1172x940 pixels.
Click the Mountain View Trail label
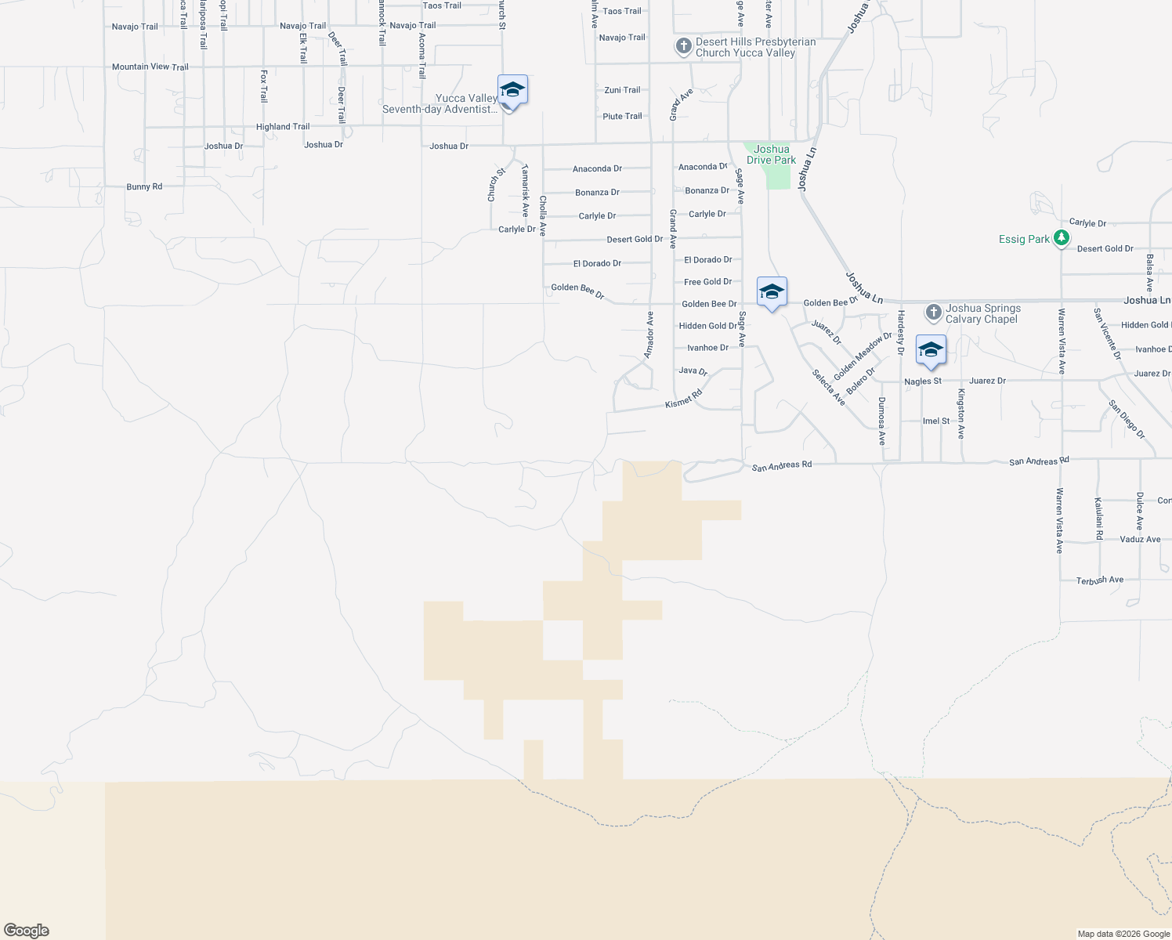(150, 67)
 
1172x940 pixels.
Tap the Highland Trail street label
(283, 127)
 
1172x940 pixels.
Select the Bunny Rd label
(144, 187)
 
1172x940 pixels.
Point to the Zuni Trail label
(622, 90)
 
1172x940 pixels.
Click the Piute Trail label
(622, 117)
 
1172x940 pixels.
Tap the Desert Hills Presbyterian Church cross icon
(683, 47)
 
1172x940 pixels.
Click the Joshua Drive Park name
(771, 154)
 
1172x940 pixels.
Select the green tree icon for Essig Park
(1062, 238)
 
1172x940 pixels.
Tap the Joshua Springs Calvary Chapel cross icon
(933, 313)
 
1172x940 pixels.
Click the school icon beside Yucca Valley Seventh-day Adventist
(512, 91)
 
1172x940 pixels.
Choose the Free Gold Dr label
(707, 282)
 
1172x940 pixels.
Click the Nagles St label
(923, 381)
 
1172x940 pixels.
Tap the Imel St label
(935, 421)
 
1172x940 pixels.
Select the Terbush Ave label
(1100, 580)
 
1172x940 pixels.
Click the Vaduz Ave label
(1140, 540)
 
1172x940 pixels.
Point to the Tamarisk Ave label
(525, 190)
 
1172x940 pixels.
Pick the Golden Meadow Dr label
(863, 356)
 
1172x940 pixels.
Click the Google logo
(27, 931)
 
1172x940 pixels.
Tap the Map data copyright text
(1123, 934)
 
